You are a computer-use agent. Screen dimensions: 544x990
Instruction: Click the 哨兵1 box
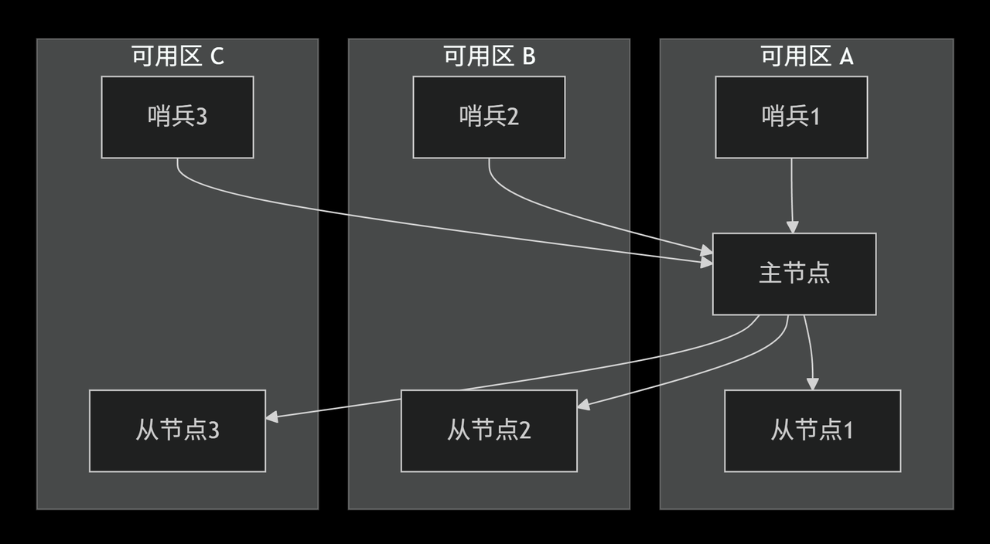click(790, 117)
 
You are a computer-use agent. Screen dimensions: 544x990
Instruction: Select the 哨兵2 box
click(489, 117)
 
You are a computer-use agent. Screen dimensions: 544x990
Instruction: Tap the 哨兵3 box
click(177, 117)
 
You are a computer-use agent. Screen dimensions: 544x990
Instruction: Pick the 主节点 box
click(794, 274)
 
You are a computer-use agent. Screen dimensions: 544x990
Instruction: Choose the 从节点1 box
click(812, 430)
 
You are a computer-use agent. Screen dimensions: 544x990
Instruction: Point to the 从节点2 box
click(489, 430)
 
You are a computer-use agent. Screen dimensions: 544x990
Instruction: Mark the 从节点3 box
click(177, 430)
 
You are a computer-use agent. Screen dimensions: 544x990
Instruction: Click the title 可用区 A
click(807, 56)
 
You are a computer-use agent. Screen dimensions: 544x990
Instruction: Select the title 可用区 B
click(489, 56)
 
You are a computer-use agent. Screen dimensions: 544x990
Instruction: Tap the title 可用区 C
click(177, 56)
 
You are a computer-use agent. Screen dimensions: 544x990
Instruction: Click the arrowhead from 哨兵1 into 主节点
click(791, 227)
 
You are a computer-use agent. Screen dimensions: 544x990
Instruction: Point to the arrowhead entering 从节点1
click(812, 384)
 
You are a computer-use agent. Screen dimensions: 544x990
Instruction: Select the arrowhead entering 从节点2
click(583, 404)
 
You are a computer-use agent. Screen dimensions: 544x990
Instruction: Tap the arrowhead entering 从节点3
click(271, 417)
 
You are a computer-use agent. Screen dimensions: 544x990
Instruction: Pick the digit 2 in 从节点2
click(524, 430)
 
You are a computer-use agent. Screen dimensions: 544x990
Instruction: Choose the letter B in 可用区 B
click(529, 56)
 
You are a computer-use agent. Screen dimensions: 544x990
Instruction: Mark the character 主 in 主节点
click(770, 274)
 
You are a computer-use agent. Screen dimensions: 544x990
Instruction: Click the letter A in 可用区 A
click(846, 56)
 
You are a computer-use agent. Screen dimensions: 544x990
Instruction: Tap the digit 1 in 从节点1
click(848, 430)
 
